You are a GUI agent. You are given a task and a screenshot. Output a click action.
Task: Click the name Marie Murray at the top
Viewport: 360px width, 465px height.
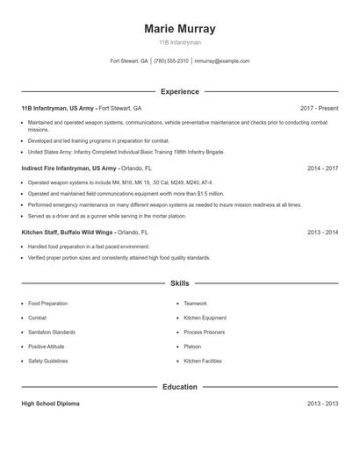coord(179,29)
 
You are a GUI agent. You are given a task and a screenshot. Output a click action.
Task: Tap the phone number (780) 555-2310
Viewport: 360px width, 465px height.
coord(171,61)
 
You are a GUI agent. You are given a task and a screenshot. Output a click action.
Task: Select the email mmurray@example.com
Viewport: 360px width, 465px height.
coord(222,61)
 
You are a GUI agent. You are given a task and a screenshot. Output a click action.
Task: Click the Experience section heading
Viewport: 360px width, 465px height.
coord(179,91)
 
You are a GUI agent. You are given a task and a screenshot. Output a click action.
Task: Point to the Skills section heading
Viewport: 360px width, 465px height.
coord(179,283)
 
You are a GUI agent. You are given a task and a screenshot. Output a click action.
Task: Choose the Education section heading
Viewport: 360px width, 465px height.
coord(179,386)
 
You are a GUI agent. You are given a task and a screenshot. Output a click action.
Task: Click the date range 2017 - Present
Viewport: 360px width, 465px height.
coord(319,108)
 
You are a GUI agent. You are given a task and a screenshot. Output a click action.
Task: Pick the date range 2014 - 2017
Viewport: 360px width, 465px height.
coord(322,168)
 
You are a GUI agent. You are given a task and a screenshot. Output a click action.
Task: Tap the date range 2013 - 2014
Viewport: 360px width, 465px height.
coord(322,232)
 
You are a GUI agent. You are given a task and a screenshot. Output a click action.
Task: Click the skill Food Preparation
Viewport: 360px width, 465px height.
coord(47,303)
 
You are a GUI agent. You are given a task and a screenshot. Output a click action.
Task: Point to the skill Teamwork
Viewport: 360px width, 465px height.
coord(195,303)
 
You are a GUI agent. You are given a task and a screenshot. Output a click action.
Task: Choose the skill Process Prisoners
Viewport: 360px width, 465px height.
coord(204,332)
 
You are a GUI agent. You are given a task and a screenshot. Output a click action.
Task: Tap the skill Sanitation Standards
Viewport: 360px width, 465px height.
coord(51,332)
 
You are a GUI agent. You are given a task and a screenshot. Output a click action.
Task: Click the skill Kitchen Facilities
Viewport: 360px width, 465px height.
coord(203,361)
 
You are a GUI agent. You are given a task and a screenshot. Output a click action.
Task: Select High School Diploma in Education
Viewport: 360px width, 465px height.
coord(50,404)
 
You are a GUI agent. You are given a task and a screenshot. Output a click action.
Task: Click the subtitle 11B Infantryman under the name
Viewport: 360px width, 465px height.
coord(179,42)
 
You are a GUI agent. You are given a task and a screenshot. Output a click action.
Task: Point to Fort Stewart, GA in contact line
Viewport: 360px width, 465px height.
coord(129,61)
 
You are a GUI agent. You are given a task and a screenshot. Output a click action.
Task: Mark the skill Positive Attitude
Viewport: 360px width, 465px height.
coord(47,346)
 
